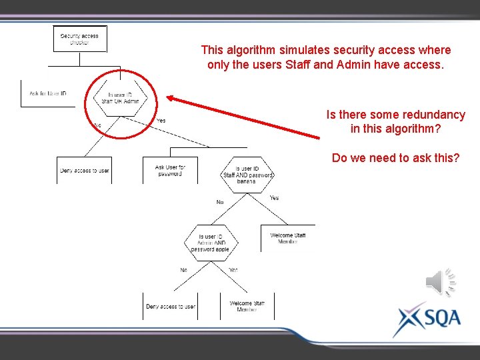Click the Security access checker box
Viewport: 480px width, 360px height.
click(79, 39)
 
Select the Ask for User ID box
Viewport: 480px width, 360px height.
click(48, 93)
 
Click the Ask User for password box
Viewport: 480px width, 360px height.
click(170, 171)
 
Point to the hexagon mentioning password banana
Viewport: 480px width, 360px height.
click(248, 175)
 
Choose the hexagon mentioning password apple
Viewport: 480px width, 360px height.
click(211, 243)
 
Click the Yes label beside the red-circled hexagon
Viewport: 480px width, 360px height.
click(161, 121)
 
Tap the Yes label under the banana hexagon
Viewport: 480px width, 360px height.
click(274, 198)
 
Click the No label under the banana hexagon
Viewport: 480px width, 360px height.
click(219, 201)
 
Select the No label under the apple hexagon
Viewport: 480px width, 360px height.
click(183, 270)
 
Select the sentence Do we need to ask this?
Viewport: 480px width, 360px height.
click(395, 158)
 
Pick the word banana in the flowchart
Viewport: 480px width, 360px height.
click(246, 181)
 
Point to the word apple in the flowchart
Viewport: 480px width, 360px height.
click(222, 249)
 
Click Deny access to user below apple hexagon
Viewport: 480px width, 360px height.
click(171, 307)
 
